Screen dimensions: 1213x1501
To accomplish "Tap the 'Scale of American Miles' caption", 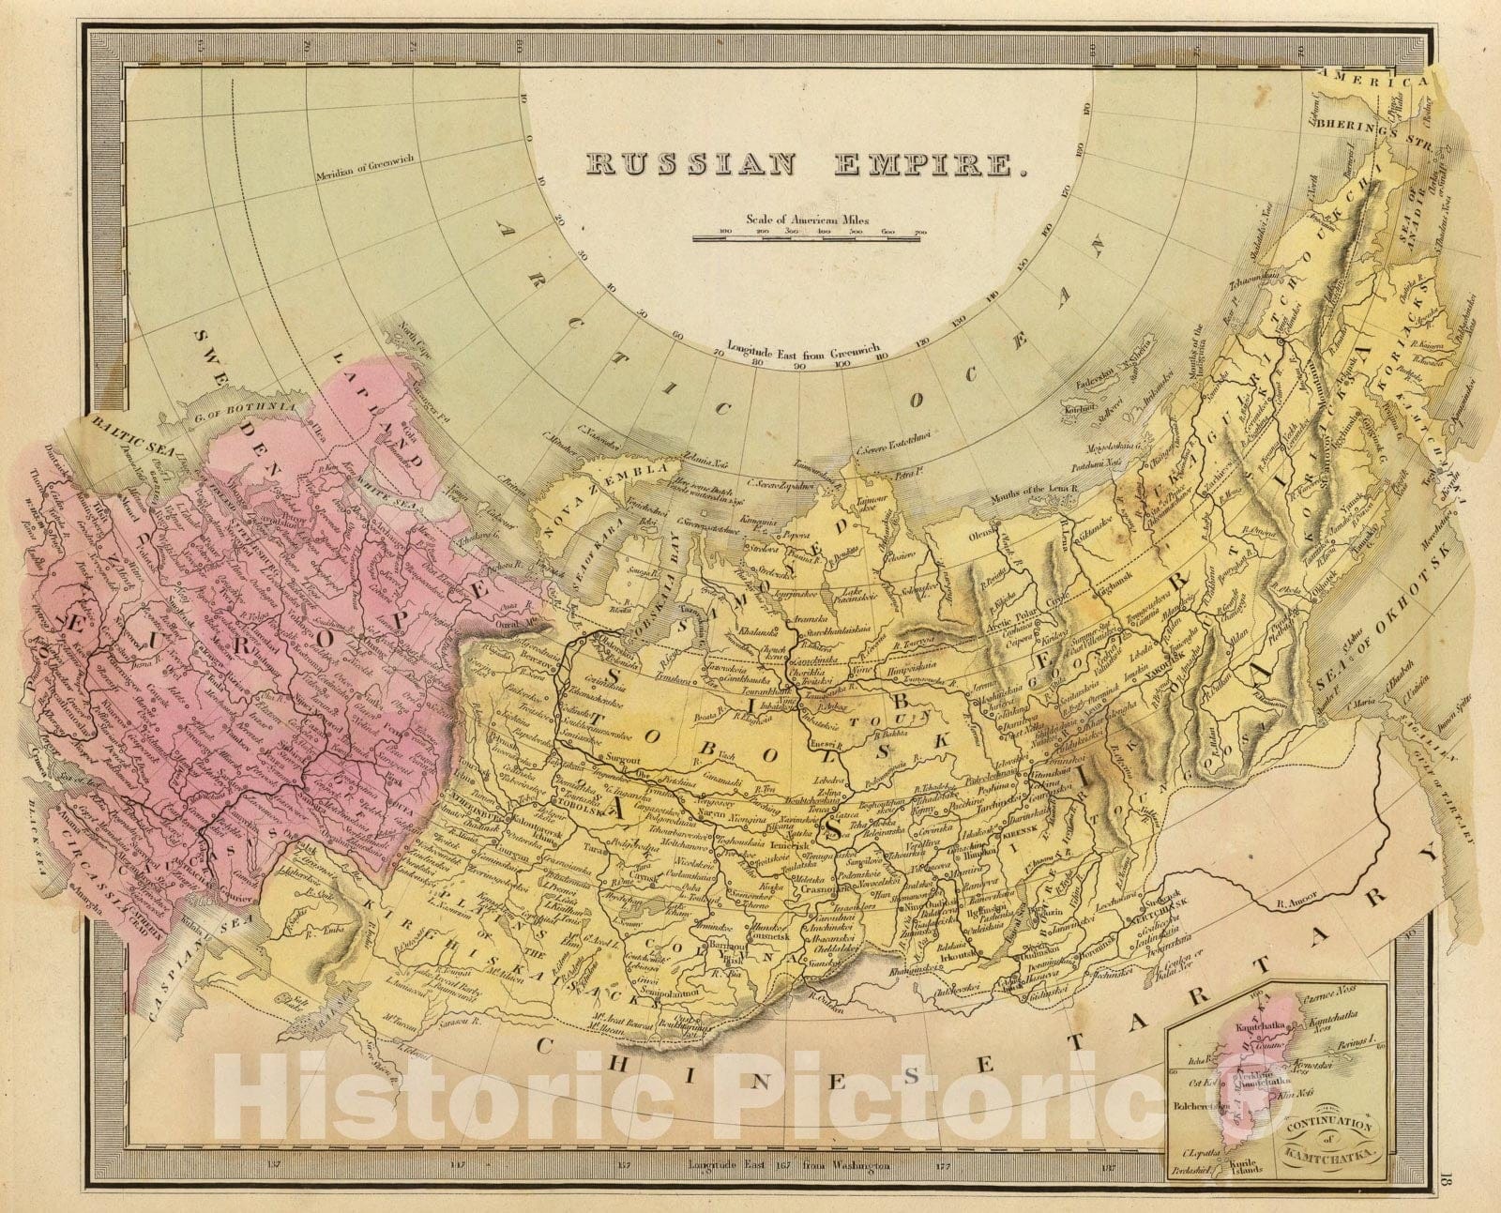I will pos(808,220).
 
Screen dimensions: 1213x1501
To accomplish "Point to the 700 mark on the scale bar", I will pos(917,231).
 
